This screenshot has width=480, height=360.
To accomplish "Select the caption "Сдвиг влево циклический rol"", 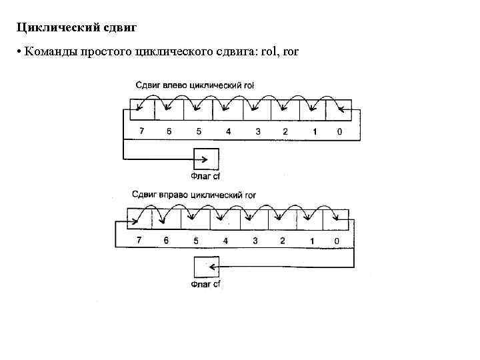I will coord(195,85).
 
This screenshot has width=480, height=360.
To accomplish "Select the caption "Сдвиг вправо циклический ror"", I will coord(194,195).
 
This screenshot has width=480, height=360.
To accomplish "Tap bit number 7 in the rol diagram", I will coord(141,131).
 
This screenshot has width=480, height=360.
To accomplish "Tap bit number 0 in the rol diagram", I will coord(339,131).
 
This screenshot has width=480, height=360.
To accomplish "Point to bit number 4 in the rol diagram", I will coord(228,131).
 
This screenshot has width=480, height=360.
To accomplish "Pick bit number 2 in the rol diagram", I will coord(285,131).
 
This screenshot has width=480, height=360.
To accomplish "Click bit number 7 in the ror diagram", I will coord(139,241).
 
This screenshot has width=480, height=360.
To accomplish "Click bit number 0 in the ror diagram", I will coord(336,241).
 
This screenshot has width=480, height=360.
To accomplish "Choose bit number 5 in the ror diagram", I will coord(196,241).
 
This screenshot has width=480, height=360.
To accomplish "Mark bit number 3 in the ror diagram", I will coord(255,241).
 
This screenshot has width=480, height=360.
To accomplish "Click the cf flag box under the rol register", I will coord(205,159).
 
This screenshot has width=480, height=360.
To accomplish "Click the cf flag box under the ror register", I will coord(206,267).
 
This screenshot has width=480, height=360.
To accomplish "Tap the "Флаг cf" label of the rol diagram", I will coord(205,177).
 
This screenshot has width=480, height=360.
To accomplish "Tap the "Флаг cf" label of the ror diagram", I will coord(206,285).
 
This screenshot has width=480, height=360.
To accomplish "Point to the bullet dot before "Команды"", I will coord(21,52).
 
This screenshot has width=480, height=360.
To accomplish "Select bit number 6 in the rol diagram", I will coord(169,131).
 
